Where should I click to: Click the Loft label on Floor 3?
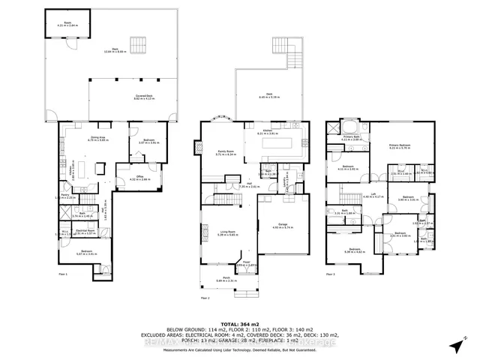coord(373,194)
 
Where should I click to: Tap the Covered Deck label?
coord(124,97)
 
